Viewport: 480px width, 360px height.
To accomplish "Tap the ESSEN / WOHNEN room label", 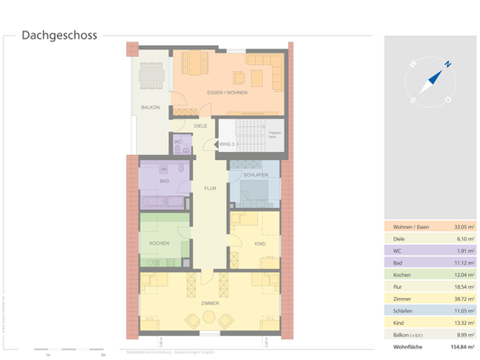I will [x=226, y=93].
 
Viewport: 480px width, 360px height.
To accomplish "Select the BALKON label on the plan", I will [x=149, y=108].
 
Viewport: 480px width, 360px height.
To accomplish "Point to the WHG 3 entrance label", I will [x=226, y=143].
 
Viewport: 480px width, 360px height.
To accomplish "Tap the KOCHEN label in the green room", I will [x=160, y=243].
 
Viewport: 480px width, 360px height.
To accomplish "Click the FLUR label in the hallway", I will [x=210, y=188].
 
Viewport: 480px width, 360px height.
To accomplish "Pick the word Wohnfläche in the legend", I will [x=404, y=346].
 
